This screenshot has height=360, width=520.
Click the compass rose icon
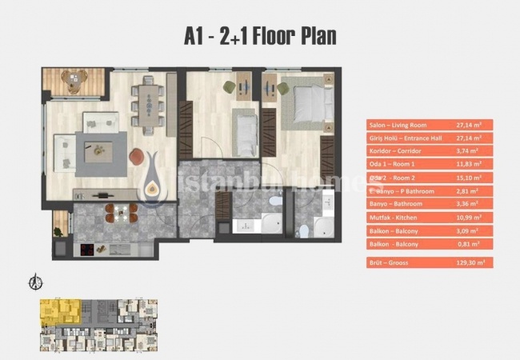(34, 282)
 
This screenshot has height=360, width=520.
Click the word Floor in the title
(268, 36)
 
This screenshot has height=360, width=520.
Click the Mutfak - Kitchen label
(394, 217)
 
